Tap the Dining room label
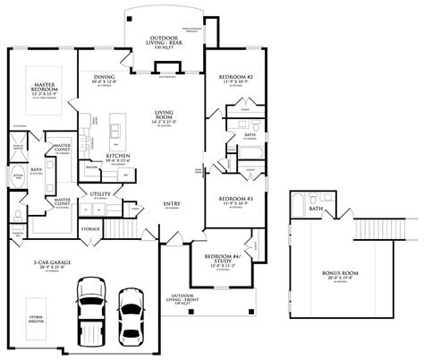(103, 79)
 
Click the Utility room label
(100, 193)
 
